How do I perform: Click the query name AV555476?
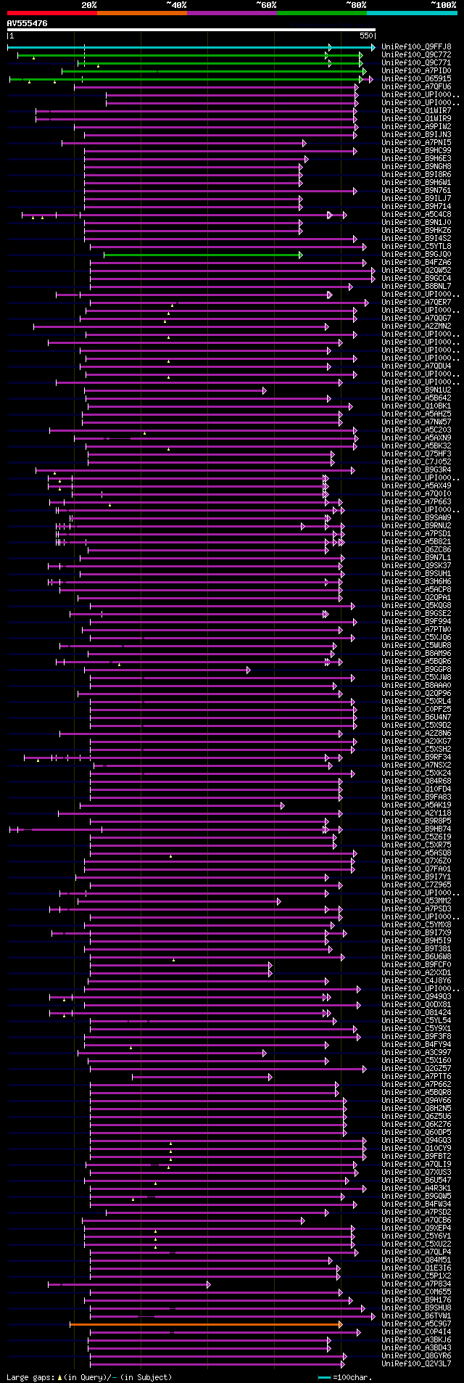(x=28, y=23)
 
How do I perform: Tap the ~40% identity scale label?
(x=176, y=4)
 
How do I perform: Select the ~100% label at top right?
(x=442, y=4)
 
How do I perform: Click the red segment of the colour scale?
(x=51, y=13)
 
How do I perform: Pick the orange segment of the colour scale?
(x=141, y=13)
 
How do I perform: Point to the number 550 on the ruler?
(x=365, y=35)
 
